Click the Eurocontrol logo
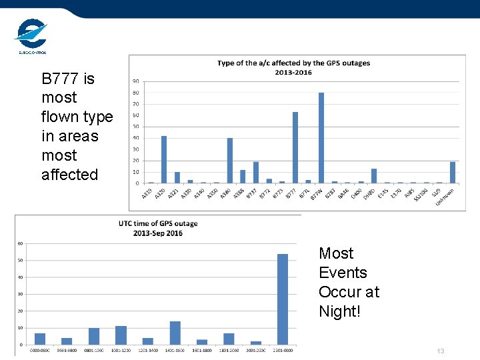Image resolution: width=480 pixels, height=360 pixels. [31, 35]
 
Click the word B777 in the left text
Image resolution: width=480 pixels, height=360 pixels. [59, 79]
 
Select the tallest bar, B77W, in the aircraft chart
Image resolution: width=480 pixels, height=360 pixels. [321, 138]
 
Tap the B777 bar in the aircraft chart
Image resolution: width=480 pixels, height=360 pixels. [295, 147]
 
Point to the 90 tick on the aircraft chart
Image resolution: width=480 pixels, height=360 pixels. [135, 81]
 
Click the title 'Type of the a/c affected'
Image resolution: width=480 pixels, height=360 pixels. [293, 63]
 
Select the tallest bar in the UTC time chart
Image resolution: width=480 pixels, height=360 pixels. [283, 299]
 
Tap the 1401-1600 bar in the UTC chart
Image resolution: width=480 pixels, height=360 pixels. [175, 333]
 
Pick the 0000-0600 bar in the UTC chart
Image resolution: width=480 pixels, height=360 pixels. [40, 339]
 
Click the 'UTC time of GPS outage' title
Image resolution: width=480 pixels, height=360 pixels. [158, 223]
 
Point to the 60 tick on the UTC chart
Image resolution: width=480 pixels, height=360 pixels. [20, 243]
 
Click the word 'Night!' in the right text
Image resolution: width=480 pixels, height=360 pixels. [339, 311]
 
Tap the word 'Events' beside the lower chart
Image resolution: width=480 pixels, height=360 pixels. [343, 273]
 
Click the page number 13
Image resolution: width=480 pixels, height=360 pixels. [440, 351]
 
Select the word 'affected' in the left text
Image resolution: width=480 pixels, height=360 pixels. [69, 175]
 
